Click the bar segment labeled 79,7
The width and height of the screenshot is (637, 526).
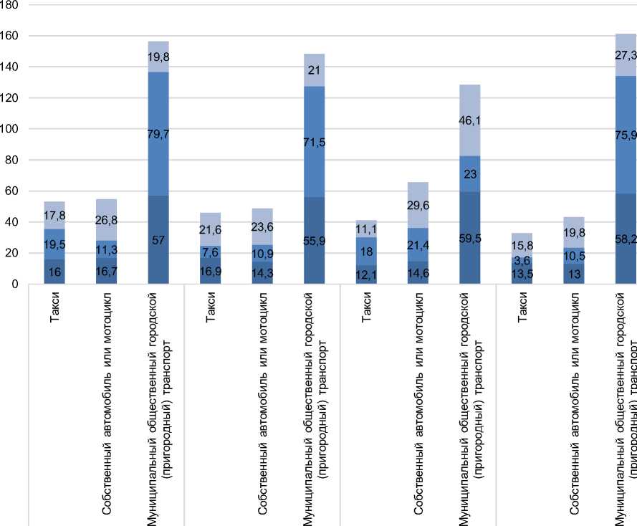[158, 133]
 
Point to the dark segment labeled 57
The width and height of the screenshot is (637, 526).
[158, 239]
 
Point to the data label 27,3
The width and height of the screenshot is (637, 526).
[626, 54]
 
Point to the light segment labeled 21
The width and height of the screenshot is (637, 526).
[314, 70]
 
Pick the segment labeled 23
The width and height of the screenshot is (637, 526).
[469, 173]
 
